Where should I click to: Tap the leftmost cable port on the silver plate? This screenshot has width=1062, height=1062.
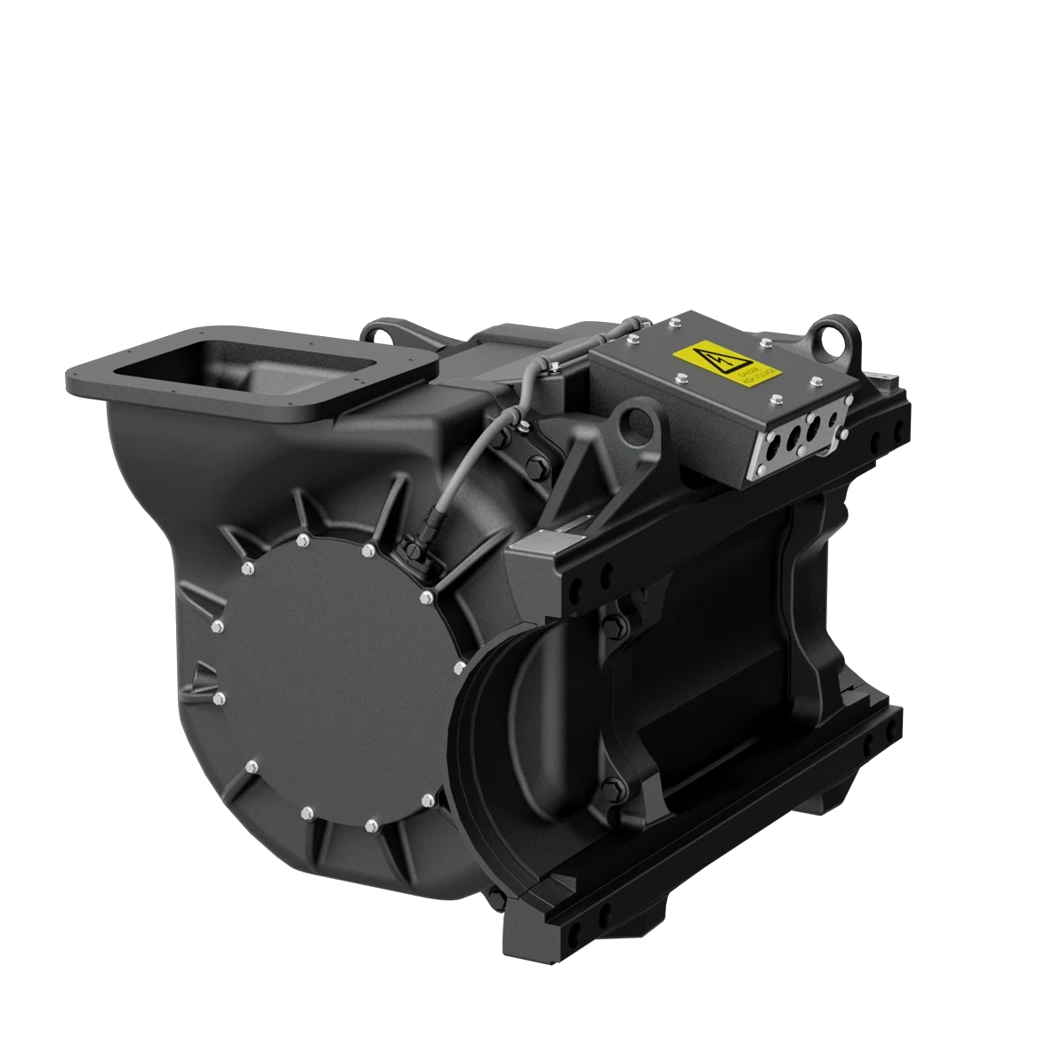tap(768, 454)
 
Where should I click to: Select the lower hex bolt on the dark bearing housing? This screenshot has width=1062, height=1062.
tap(611, 785)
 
